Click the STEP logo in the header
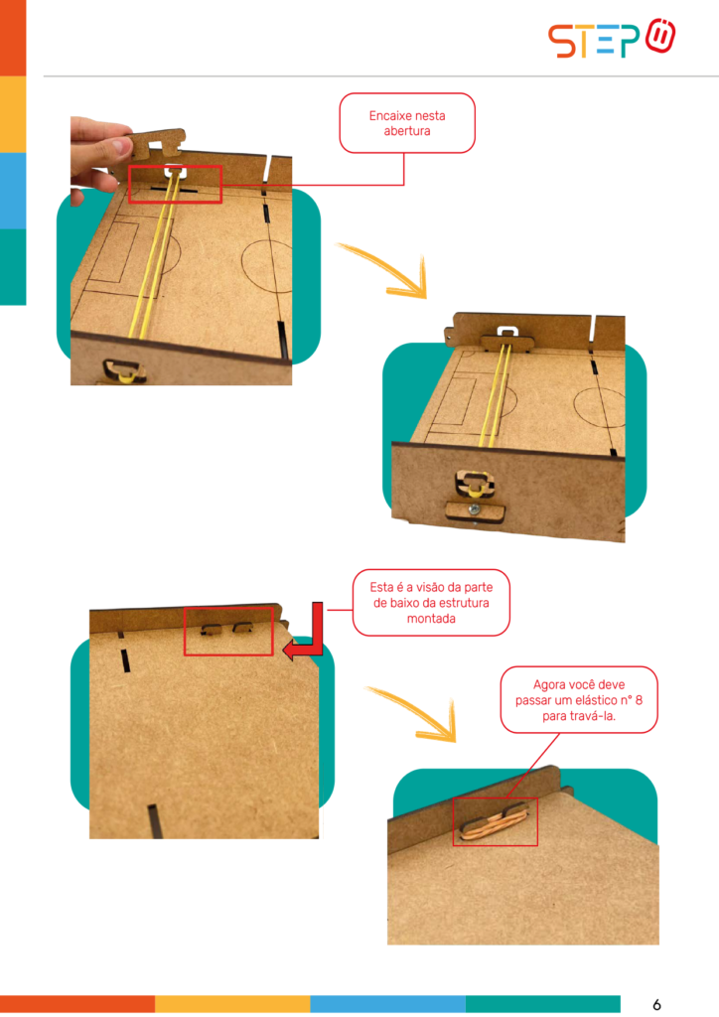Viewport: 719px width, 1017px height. pos(612,39)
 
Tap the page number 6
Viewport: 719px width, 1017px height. pos(656,1005)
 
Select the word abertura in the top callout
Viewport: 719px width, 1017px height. pos(407,131)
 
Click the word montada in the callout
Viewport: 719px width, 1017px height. pos(431,618)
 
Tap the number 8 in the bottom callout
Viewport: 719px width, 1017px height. pos(639,700)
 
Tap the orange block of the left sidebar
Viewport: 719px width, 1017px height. pos(13,38)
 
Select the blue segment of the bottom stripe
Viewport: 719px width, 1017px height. pos(387,1004)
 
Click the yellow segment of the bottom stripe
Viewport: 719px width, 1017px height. pos(232,1004)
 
